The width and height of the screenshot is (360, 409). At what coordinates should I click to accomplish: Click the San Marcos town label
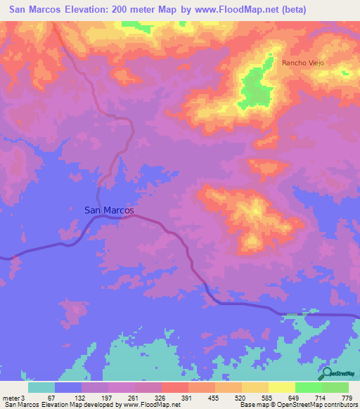tap(109, 209)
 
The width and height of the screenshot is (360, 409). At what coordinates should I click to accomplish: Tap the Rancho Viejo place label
tap(302, 63)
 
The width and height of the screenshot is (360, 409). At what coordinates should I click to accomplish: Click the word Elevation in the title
tap(89, 9)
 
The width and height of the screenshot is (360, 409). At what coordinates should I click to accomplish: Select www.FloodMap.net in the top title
tap(267, 9)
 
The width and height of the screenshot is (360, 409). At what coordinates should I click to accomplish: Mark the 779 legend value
tap(347, 398)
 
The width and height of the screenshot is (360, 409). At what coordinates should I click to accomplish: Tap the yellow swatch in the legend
tap(281, 387)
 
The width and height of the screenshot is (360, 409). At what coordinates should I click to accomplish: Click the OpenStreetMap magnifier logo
tap(326, 373)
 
